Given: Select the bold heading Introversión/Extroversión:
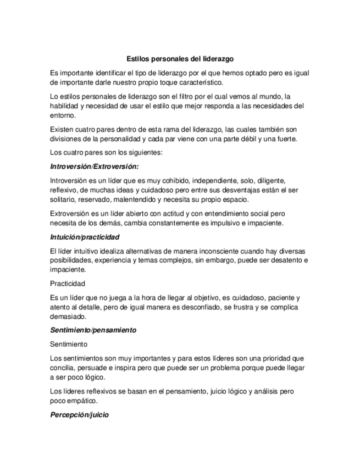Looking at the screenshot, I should pos(94,165).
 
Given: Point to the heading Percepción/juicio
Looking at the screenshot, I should pos(79,415).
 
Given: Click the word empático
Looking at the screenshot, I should pos(85,401).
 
